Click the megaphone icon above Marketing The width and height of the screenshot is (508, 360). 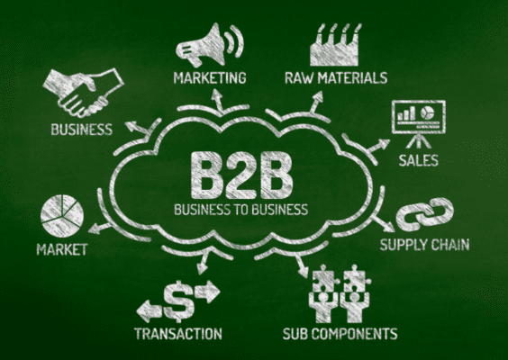(x=209, y=44)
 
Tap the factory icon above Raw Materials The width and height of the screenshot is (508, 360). (x=335, y=45)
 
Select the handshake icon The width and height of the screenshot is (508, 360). (x=83, y=93)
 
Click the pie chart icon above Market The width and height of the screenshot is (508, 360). (x=62, y=216)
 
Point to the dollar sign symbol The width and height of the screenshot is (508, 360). (x=178, y=301)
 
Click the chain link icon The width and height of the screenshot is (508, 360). (x=425, y=214)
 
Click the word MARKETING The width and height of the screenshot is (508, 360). (x=210, y=78)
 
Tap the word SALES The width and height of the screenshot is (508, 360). (x=418, y=160)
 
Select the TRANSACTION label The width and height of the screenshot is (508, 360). (x=178, y=334)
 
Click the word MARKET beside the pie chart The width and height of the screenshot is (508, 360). (x=62, y=249)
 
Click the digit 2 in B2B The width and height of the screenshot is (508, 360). (x=241, y=175)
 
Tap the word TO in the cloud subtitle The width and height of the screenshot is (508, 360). (x=240, y=210)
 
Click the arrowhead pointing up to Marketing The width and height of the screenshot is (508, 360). (x=216, y=94)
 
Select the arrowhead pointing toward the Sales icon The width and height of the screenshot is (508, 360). (x=384, y=144)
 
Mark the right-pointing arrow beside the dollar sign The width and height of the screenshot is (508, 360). (x=207, y=291)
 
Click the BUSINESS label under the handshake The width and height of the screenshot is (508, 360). (x=82, y=130)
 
